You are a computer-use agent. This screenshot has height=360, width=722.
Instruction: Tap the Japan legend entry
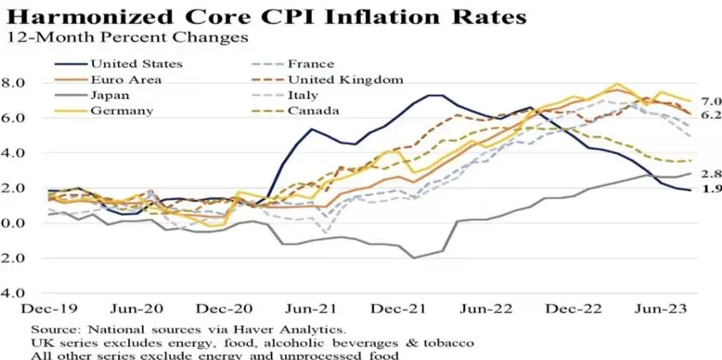(110, 96)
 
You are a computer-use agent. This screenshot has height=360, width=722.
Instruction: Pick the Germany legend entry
(121, 111)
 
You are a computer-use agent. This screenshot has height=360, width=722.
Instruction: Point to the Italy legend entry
(304, 96)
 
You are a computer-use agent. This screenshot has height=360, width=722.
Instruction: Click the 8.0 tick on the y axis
(16, 83)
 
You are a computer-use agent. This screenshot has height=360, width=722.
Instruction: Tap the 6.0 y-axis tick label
(16, 118)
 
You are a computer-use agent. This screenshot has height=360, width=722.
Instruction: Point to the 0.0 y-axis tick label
(16, 222)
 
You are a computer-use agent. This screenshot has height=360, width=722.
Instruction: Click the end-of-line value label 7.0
(709, 101)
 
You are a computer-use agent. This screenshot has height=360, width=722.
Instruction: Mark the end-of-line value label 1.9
(709, 190)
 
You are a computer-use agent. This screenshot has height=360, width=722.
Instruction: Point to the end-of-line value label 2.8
(709, 174)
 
